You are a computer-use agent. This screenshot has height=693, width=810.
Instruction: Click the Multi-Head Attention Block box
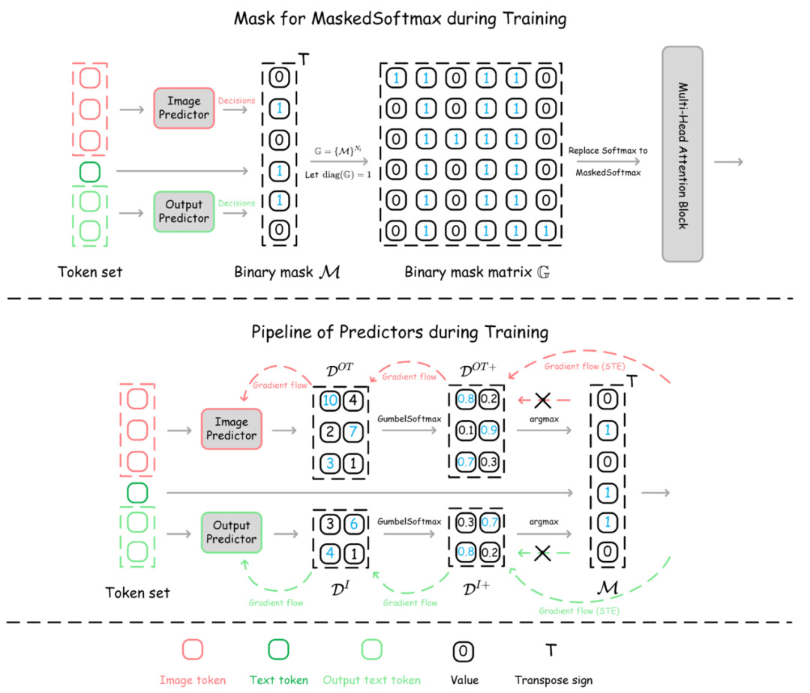pyautogui.click(x=682, y=154)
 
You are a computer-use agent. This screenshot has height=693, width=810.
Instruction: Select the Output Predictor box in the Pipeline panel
pyautogui.click(x=230, y=532)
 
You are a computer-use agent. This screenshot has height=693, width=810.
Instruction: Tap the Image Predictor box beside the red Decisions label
pyautogui.click(x=184, y=107)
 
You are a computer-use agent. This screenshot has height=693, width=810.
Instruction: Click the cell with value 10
pyautogui.click(x=329, y=400)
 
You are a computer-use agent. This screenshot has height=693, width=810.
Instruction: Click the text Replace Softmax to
pyautogui.click(x=607, y=151)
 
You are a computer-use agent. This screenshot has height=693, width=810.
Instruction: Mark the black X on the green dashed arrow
pyautogui.click(x=542, y=554)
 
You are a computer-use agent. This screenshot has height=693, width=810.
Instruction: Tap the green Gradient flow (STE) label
pyautogui.click(x=574, y=610)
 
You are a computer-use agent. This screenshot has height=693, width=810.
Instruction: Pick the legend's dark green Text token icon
pyautogui.click(x=278, y=649)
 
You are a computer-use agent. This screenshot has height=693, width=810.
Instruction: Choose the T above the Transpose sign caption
pyautogui.click(x=553, y=649)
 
